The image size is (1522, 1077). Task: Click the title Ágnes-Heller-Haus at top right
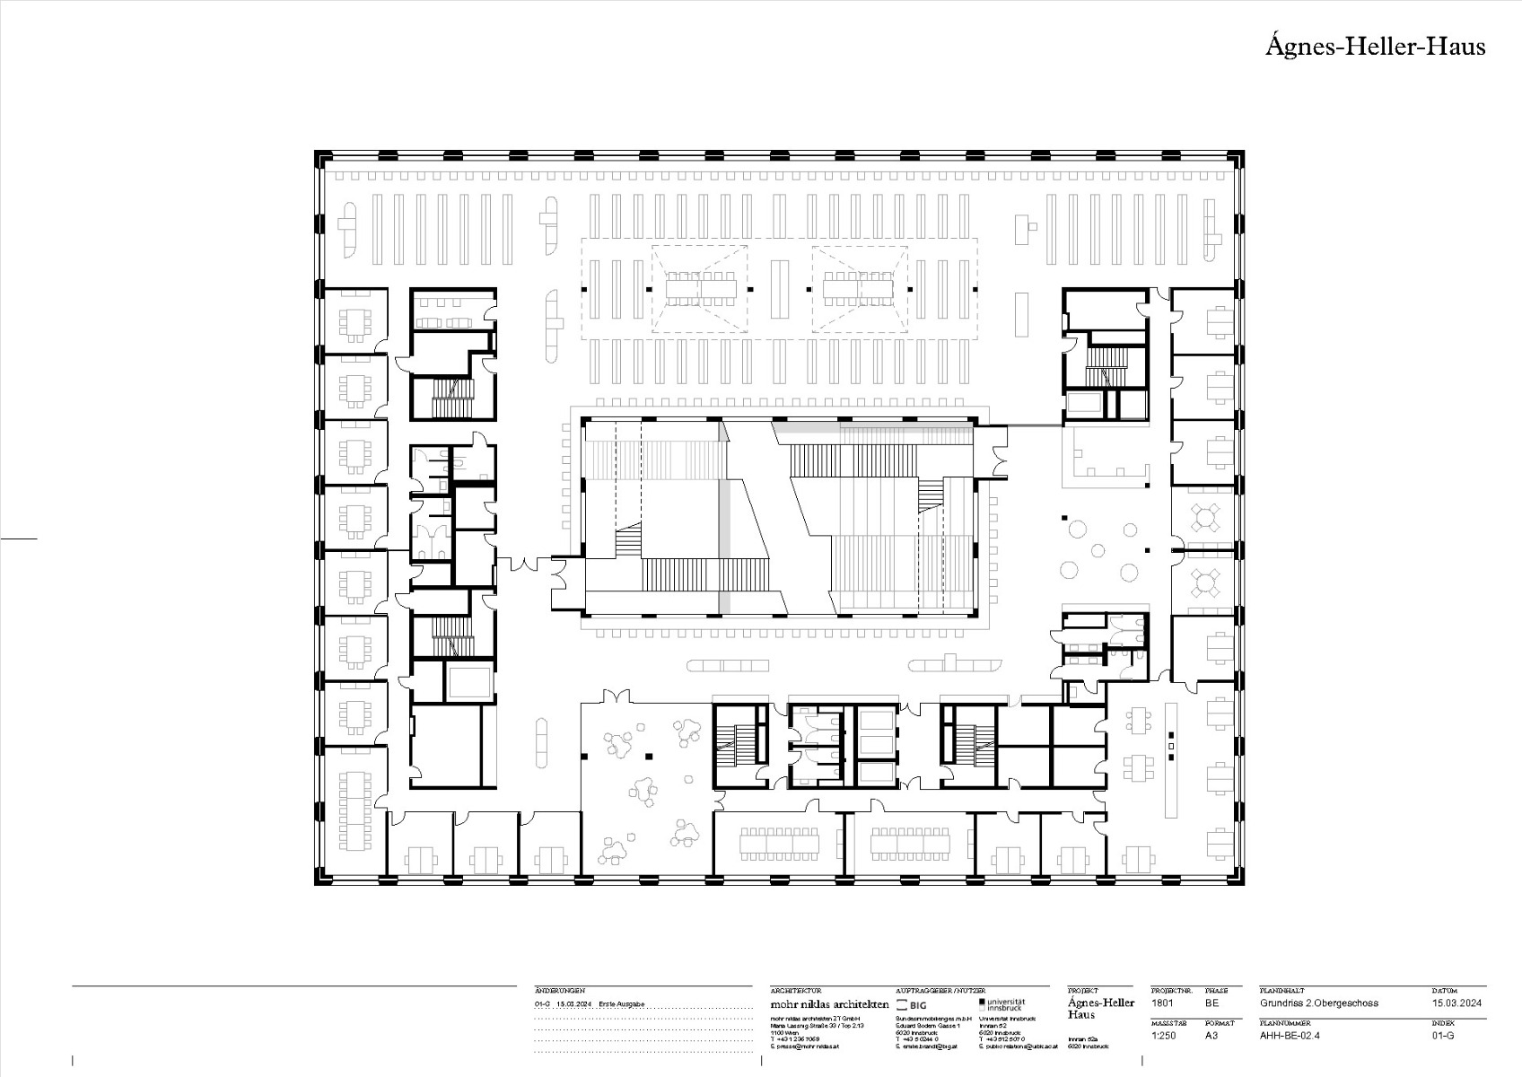pos(1375,47)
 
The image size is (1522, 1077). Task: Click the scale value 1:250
pos(1164,1035)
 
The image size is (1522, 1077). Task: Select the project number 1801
pos(1161,1003)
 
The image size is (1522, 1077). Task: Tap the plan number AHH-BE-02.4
pos(1290,1035)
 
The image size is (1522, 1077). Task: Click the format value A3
pos(1211,1035)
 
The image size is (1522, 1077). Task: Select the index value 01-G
pos(1443,1035)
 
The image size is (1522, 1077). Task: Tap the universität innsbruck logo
pos(1003,1004)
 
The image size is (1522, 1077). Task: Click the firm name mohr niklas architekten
pos(829,1004)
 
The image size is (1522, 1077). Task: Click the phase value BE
pos(1211,1003)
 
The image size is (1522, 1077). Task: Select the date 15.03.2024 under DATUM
pos(1456,1003)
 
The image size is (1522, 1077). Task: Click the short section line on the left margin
pos(19,538)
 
